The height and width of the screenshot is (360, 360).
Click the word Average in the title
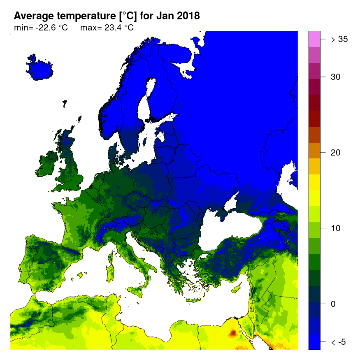click(x=33, y=16)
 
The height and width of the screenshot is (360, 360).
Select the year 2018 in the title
click(x=187, y=16)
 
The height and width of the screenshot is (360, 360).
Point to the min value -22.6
click(x=45, y=28)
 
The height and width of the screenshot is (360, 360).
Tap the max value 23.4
click(x=111, y=28)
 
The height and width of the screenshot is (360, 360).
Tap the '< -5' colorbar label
click(x=339, y=342)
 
